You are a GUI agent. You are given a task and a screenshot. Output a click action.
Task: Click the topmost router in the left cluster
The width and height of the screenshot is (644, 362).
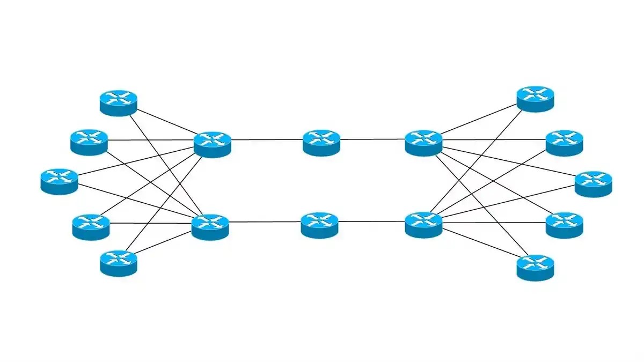119,102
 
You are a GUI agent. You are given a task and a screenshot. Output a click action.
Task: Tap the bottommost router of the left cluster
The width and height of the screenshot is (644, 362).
119,263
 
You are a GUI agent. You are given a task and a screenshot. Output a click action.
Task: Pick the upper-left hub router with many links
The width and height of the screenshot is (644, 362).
212,143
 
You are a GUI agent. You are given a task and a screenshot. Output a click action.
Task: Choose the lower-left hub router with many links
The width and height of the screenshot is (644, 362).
210,226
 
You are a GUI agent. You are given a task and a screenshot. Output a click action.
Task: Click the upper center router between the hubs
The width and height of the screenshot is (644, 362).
321,142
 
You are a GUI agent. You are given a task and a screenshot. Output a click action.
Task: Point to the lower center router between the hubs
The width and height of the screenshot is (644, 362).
320,225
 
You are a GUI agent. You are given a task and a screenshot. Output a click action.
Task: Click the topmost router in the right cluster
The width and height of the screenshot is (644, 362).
535,98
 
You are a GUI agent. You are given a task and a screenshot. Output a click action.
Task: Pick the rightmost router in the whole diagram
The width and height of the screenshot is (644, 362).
593,183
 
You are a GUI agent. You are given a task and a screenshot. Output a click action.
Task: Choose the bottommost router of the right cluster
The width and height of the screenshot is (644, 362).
535,267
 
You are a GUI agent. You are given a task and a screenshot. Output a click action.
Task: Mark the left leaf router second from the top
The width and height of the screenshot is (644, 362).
89,142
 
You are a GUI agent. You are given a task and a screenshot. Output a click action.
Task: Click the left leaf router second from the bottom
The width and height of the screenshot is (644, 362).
91,226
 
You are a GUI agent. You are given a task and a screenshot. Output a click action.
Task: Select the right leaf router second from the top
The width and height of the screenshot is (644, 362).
564,142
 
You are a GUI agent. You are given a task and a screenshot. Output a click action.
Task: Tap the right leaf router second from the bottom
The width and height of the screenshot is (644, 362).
564,225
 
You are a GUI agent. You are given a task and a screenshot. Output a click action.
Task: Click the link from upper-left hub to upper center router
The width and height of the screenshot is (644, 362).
267,140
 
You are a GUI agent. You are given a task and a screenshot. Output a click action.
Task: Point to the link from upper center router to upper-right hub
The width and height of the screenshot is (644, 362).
372,139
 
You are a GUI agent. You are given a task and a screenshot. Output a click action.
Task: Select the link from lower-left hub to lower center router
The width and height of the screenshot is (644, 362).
265,221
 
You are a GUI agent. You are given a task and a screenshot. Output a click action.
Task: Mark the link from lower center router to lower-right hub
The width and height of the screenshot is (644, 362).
371,221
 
